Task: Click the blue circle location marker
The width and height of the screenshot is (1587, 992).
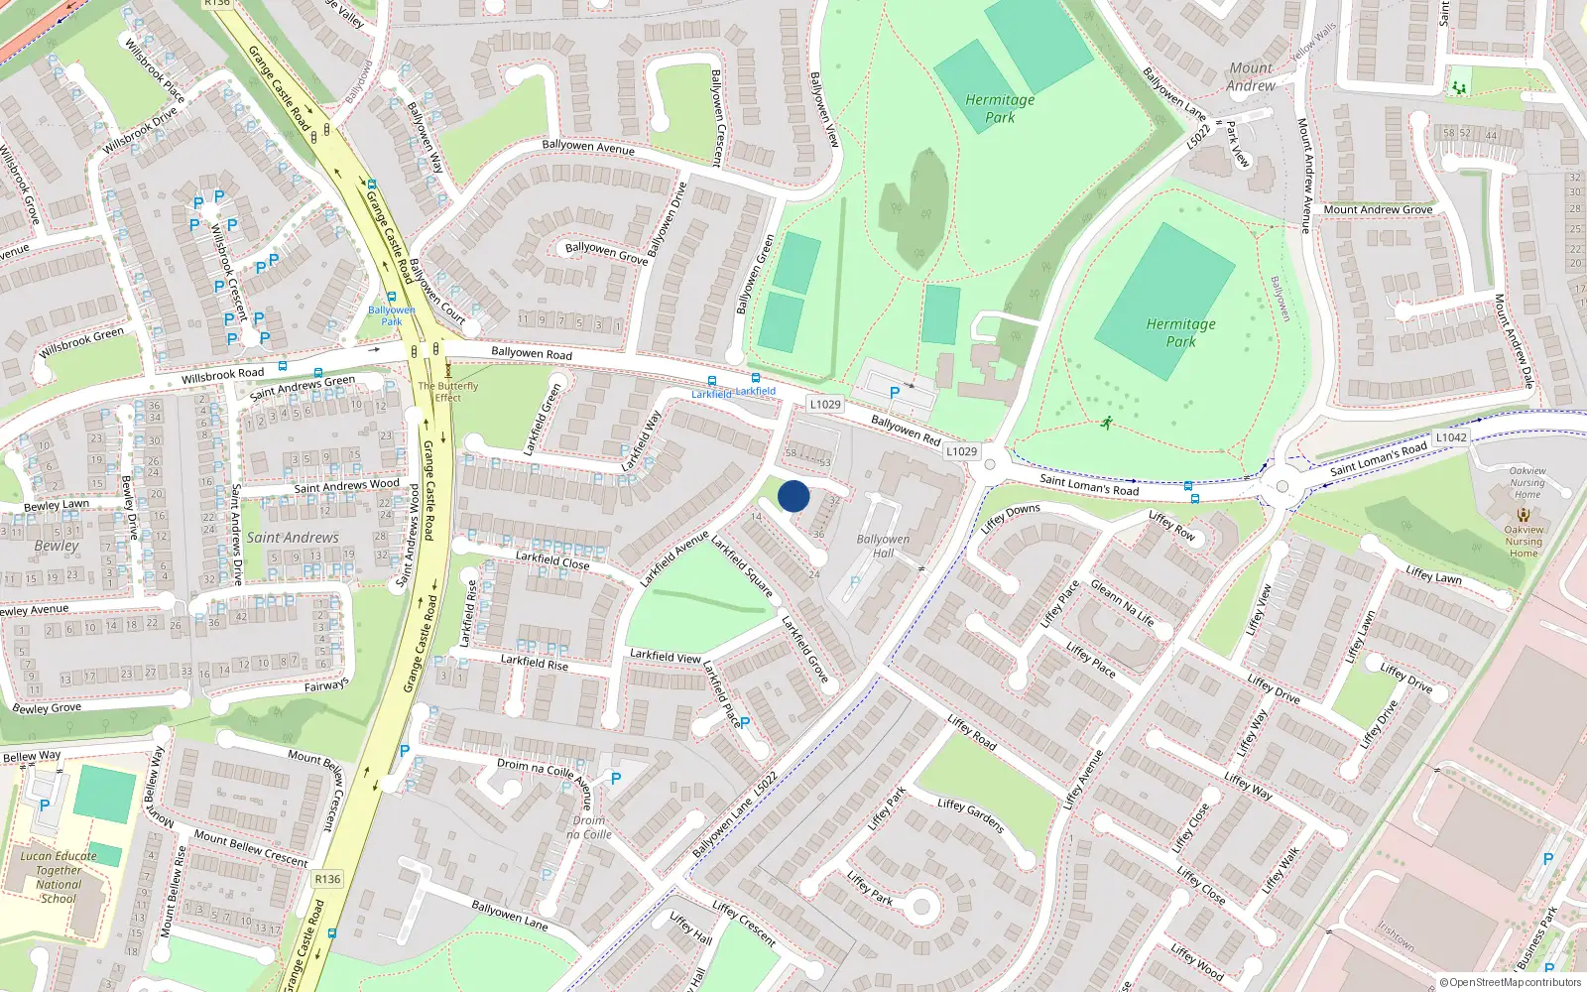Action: (x=793, y=496)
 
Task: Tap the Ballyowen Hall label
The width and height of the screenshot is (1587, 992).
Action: (x=882, y=547)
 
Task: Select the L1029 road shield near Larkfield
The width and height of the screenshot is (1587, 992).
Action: (x=824, y=404)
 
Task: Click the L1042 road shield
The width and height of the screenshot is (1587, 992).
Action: (x=1450, y=437)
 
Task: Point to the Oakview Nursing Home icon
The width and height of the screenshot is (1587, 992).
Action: (x=1524, y=515)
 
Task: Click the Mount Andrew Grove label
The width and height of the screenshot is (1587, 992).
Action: (x=1378, y=210)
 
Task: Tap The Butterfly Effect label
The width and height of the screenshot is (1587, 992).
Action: (x=448, y=392)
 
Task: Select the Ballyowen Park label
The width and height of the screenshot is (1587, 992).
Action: (x=392, y=315)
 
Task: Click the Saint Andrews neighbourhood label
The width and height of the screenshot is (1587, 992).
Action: (x=293, y=538)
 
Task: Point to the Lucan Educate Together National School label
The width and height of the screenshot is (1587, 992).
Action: (x=59, y=877)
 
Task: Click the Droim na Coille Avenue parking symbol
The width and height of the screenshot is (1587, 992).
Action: (x=615, y=780)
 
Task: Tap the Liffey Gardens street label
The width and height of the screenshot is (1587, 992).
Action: (x=971, y=815)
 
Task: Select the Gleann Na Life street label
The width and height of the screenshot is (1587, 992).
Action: (x=1122, y=603)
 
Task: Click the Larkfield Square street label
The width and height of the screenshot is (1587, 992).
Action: (x=742, y=566)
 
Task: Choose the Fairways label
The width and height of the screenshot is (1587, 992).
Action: (x=326, y=685)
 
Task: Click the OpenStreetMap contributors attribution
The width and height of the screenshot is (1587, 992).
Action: (x=1510, y=982)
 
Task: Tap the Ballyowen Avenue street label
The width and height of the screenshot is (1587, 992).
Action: (x=588, y=147)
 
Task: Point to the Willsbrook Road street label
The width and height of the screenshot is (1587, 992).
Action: (x=222, y=375)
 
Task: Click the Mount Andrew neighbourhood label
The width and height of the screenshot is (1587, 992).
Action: (x=1251, y=77)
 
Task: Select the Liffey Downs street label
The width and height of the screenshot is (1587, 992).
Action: (x=1010, y=518)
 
